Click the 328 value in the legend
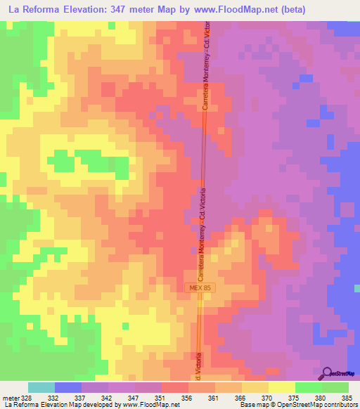click(x=27, y=397)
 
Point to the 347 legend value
click(x=134, y=397)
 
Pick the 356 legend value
click(x=187, y=397)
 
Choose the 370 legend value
click(x=267, y=397)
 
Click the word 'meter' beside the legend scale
click(x=10, y=397)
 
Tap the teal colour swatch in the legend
click(x=41, y=387)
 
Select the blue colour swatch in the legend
click(x=67, y=387)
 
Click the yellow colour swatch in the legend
click(x=282, y=387)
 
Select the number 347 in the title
click(x=134, y=9)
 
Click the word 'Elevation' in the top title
click(x=94, y=9)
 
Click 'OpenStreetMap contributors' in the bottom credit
click(x=318, y=405)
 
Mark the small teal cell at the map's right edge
click(x=357, y=287)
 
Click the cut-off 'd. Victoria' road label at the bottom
click(x=199, y=366)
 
